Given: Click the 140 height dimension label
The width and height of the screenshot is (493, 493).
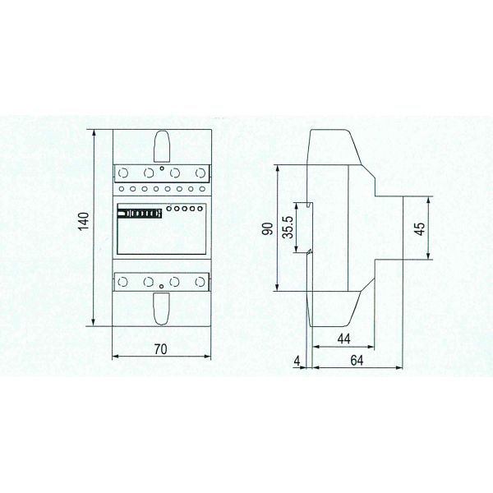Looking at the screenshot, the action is (x=84, y=221).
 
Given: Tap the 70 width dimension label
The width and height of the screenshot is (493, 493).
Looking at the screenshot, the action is (x=161, y=349).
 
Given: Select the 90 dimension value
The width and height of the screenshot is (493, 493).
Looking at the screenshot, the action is (x=268, y=228).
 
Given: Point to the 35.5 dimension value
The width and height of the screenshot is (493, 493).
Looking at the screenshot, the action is (x=288, y=227).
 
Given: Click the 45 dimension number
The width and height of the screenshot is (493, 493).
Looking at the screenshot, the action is (x=420, y=228).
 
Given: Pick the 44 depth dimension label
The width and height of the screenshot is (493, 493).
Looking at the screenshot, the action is (x=343, y=339).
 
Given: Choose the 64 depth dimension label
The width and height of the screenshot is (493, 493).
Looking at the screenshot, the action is (x=357, y=361).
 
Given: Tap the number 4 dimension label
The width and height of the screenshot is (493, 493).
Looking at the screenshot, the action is (x=297, y=362).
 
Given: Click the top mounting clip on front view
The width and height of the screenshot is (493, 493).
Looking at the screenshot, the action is (x=162, y=146).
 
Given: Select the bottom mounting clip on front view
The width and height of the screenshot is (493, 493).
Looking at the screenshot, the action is (x=162, y=309).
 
